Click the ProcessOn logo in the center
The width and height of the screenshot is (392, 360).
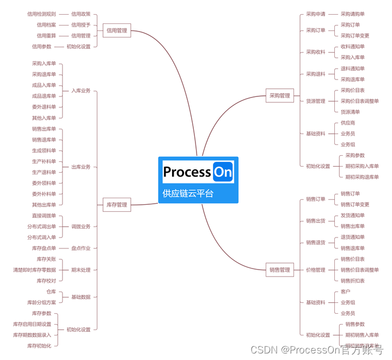[198, 172]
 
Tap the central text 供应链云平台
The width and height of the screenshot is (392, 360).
[188, 193]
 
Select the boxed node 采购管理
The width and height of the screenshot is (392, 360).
[279, 96]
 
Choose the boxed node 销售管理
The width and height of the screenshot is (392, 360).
[279, 270]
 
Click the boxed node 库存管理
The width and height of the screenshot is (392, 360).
[117, 205]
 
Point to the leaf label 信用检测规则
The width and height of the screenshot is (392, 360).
[41, 14]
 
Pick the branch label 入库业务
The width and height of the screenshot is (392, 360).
[81, 90]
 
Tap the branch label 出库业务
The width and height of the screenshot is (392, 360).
[81, 167]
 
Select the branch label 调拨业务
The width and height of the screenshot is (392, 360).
[81, 227]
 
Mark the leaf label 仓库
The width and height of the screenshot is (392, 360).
[51, 292]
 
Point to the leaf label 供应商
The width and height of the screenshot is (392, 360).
[348, 123]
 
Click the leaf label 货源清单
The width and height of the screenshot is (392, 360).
[350, 112]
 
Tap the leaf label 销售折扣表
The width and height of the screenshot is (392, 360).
[353, 281]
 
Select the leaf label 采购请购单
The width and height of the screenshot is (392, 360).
[353, 14]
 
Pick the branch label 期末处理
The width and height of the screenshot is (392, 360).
[81, 270]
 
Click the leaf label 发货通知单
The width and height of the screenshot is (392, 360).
[353, 216]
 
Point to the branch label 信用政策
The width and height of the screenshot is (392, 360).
[81, 14]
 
